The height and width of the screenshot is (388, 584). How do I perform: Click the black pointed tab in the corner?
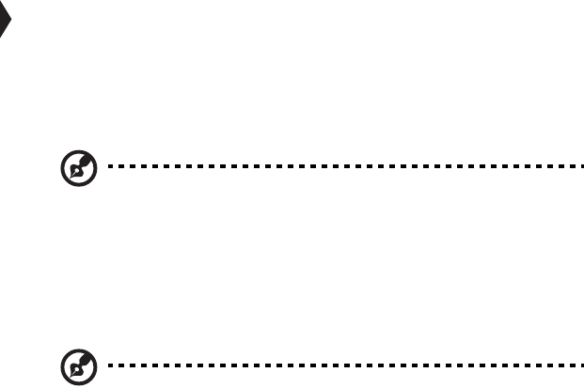[x=5, y=24]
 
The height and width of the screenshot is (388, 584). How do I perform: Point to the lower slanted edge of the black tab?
[x=6, y=33]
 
